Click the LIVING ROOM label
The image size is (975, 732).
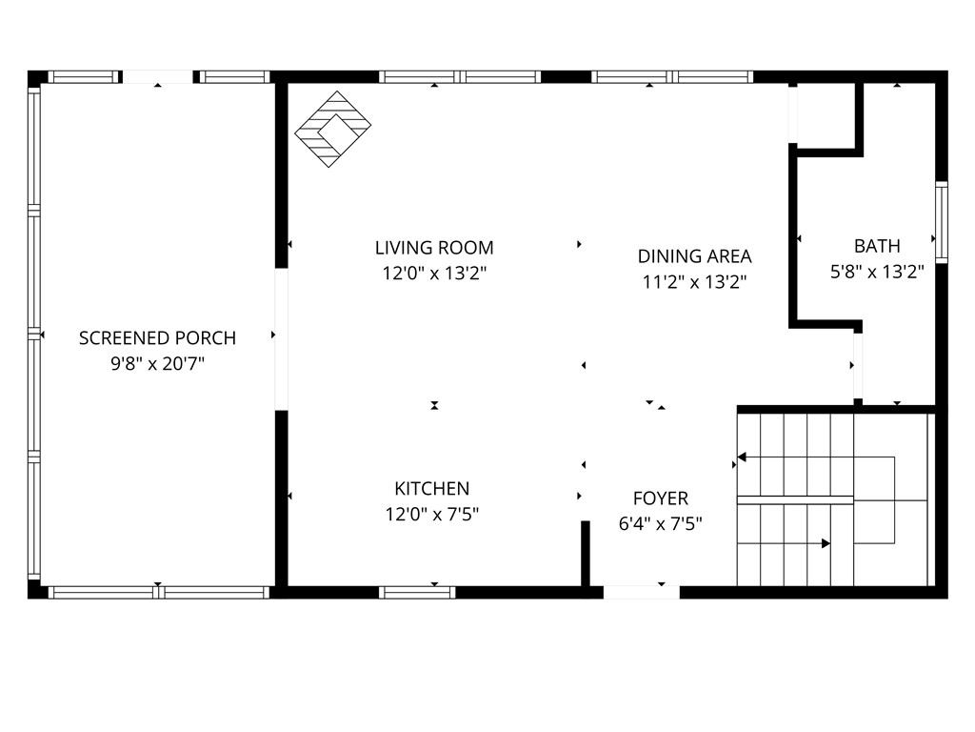pos(434,248)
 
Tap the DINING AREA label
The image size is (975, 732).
pos(694,256)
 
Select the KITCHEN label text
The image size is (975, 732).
pos(432,489)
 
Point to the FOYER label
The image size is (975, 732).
pos(661,498)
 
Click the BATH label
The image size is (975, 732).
pos(877,247)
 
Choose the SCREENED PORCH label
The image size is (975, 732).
pos(157,338)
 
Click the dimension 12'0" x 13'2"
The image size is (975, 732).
pos(434,274)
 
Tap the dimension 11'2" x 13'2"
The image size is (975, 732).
pos(694,282)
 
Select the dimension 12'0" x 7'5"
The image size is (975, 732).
pos(432,515)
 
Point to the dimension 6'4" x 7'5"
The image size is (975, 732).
pos(661,524)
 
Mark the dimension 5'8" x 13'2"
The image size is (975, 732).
pos(877,272)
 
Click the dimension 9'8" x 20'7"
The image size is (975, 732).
pos(157,363)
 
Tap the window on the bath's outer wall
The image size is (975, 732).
pos(942,222)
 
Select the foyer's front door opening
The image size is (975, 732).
pos(641,593)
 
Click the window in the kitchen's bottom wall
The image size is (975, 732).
pos(417,593)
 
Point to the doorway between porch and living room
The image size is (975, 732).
pos(282,339)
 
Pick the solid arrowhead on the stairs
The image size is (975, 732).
pos(826,543)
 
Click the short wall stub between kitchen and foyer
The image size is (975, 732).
pos(586,554)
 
